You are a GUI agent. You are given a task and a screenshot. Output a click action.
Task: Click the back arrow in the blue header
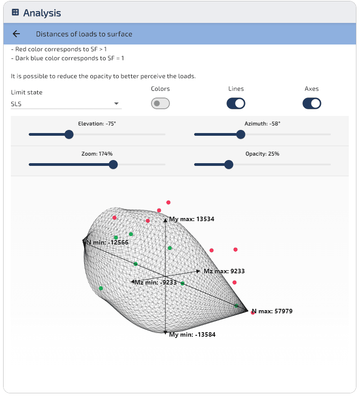coord(16,34)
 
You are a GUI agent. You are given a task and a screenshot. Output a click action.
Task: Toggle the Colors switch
coord(160,103)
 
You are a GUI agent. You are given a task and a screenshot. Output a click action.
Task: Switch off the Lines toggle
coord(236,103)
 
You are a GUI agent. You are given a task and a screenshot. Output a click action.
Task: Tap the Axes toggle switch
coord(312,103)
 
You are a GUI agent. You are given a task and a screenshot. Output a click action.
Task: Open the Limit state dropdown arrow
coord(116,103)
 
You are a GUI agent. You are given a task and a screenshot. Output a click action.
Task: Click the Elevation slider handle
coord(69,134)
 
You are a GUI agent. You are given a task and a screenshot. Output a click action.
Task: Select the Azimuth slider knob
coord(241,134)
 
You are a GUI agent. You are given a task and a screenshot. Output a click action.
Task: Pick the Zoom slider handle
coord(113,165)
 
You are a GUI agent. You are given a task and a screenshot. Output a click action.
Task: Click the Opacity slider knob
coord(229,165)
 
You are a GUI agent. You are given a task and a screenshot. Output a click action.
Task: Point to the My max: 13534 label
coord(191,219)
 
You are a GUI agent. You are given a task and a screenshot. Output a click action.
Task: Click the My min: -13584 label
coord(192,334)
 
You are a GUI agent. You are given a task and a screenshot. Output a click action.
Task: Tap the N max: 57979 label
coord(272,311)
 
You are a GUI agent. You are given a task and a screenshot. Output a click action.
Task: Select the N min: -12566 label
coord(107,242)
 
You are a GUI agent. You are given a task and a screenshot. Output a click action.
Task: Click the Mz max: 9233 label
coord(224,271)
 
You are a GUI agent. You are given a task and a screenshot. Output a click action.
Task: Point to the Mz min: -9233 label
coord(156,282)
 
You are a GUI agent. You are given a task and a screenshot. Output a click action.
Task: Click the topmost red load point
coord(169,202)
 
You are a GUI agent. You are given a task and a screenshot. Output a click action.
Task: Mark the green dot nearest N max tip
coord(236,306)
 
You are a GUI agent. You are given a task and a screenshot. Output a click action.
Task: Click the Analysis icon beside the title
coord(15,12)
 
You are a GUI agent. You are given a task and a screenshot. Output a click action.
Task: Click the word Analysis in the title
coord(42,13)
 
